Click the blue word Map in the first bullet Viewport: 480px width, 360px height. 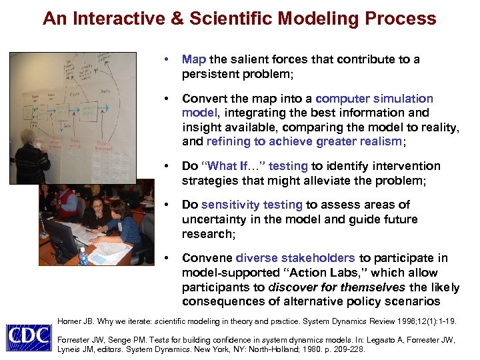coord(194,59)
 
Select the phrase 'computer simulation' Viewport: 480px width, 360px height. coord(374,99)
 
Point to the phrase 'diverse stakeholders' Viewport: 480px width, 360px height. coord(295,258)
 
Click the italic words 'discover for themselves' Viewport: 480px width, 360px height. coord(337,287)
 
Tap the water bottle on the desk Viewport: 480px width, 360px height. coord(83,255)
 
